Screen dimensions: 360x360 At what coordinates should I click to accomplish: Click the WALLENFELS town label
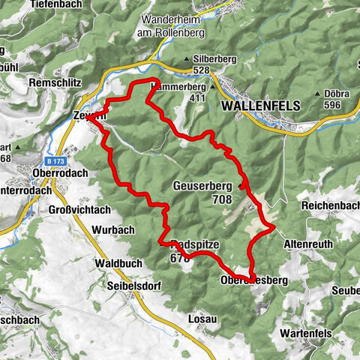coord(261,106)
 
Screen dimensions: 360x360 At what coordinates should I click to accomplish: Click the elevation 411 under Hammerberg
coord(197,97)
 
